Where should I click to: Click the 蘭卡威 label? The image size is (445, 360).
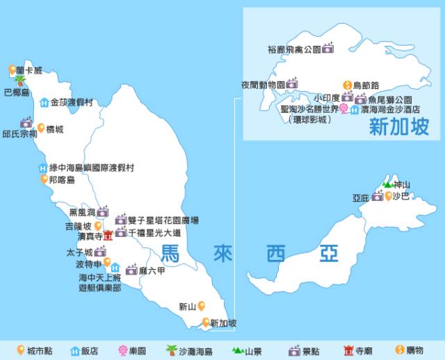pos(30,70)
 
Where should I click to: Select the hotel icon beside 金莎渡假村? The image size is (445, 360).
pos(44,103)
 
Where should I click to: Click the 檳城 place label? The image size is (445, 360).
pos(54,129)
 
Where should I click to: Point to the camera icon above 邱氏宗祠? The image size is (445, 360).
pos(26,122)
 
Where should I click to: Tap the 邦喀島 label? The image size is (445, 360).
pos(61,180)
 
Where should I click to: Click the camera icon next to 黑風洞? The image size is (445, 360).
pos(102,212)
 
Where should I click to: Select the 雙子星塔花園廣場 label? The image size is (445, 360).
pos(163,220)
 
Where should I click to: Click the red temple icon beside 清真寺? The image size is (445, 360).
pos(108,236)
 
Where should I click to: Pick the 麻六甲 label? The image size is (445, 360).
pos(151,270)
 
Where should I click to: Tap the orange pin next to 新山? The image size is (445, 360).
pos(201,305)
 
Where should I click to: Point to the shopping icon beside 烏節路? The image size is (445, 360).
pos(347,85)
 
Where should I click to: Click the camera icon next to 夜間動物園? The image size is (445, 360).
pos(293,84)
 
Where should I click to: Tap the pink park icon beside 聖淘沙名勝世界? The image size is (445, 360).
pos(343,109)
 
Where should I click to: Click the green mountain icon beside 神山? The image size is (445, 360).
pos(387,185)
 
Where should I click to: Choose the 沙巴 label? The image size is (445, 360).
pos(401,197)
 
